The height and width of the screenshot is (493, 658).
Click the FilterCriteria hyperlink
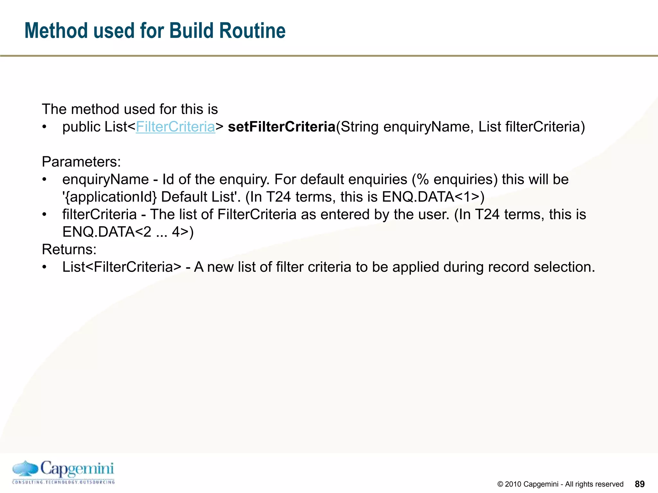pos(175,127)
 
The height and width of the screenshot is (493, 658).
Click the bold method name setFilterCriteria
pos(281,127)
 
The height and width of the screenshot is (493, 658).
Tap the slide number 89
pos(640,484)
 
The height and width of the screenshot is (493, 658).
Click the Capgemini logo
pos(63,472)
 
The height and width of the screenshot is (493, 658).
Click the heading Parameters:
pos(81,162)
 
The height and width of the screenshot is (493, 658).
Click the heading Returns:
pos(69,249)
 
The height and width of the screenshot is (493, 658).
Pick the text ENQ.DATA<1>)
pos(433,197)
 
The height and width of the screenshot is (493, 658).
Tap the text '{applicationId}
pos(110,197)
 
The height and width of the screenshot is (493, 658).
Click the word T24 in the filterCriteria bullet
pos(487,214)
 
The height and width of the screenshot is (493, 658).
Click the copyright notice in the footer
pos(560,484)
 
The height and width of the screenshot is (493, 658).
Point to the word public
pos(81,127)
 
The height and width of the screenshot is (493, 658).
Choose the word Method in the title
pos(57,31)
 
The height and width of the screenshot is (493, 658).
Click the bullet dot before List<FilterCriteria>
pos(45,267)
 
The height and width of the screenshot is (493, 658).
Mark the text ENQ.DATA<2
pos(107,232)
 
